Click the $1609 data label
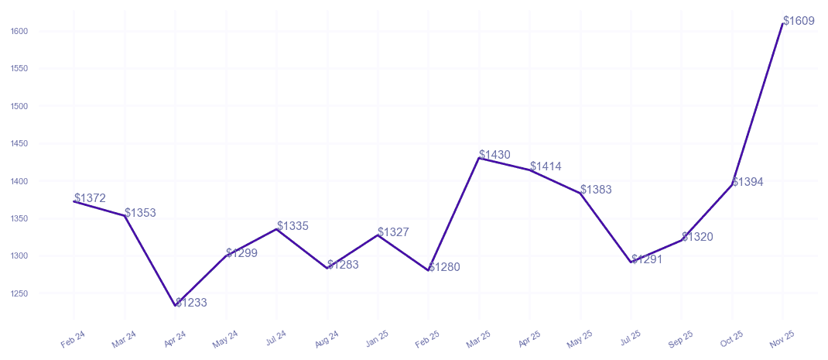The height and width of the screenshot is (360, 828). [x=799, y=21]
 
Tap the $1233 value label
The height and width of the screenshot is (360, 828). [x=191, y=303]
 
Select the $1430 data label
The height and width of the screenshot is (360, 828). [x=494, y=155]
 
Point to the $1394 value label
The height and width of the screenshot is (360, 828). [x=748, y=182]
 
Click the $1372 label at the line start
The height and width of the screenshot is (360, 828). [x=90, y=198]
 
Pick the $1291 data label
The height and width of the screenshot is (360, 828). [x=647, y=259]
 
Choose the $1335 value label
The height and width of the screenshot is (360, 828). [x=293, y=226]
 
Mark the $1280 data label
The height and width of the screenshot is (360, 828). [x=444, y=267]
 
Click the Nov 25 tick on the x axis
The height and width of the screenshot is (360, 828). [x=782, y=338]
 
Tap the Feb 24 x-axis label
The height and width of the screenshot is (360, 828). [x=73, y=338]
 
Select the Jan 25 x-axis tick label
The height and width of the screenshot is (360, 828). [x=377, y=338]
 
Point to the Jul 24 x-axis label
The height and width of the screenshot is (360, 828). [x=275, y=338]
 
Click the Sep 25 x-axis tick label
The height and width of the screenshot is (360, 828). [x=681, y=338]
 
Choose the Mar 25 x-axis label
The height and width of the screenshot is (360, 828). [x=478, y=338]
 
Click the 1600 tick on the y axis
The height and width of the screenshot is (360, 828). [x=19, y=31]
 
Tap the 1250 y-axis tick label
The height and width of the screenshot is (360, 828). [x=19, y=293]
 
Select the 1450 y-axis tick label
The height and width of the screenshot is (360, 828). [x=19, y=143]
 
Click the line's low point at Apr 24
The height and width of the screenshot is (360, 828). [x=176, y=306]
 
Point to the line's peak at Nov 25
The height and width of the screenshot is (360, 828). [x=782, y=24]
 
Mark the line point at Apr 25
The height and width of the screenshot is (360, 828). [x=529, y=170]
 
